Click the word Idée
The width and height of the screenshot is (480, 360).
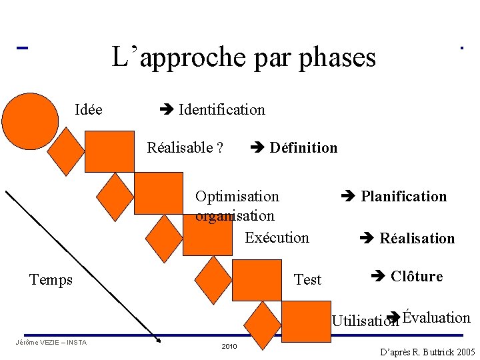[89, 110]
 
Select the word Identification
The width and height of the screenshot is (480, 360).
[221, 110]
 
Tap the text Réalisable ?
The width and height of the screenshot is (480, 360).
[185, 148]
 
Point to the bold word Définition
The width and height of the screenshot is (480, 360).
[303, 148]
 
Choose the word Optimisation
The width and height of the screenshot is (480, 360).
[237, 197]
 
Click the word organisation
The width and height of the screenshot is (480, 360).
[235, 216]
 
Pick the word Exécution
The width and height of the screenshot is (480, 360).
[277, 238]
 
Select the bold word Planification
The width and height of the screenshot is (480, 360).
[403, 197]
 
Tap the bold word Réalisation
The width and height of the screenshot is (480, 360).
[417, 239]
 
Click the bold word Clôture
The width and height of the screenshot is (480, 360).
[416, 277]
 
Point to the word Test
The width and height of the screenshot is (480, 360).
[307, 280]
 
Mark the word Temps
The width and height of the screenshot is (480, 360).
[51, 280]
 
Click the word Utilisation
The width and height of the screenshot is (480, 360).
[365, 321]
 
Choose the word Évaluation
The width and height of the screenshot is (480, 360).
[437, 318]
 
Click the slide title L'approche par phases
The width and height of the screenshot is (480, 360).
[243, 57]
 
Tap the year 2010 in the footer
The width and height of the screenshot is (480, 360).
[229, 347]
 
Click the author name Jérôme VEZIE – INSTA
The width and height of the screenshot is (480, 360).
[50, 343]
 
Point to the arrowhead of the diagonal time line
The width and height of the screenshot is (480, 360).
[158, 339]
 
